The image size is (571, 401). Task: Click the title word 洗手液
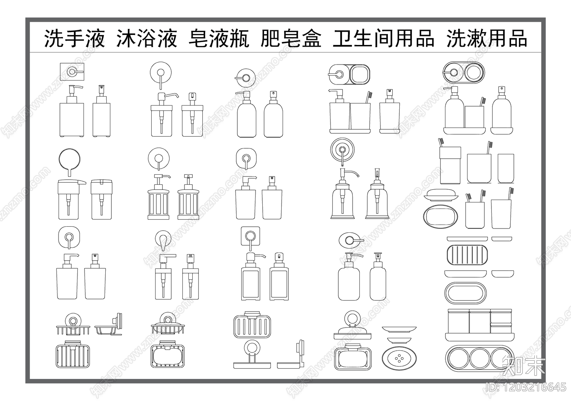[x=74, y=38]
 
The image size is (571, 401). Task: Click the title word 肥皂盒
[x=291, y=38]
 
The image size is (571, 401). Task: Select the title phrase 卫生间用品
[x=383, y=38]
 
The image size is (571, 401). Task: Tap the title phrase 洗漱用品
[x=487, y=38]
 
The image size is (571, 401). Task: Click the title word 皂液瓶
[x=219, y=38]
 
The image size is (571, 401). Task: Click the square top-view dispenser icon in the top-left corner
[x=72, y=72]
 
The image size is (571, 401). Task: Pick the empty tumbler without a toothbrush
[x=506, y=168]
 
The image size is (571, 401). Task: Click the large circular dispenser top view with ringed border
[x=342, y=150]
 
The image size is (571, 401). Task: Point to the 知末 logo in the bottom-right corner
[x=524, y=366]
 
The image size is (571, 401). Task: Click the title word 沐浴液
[x=146, y=38]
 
